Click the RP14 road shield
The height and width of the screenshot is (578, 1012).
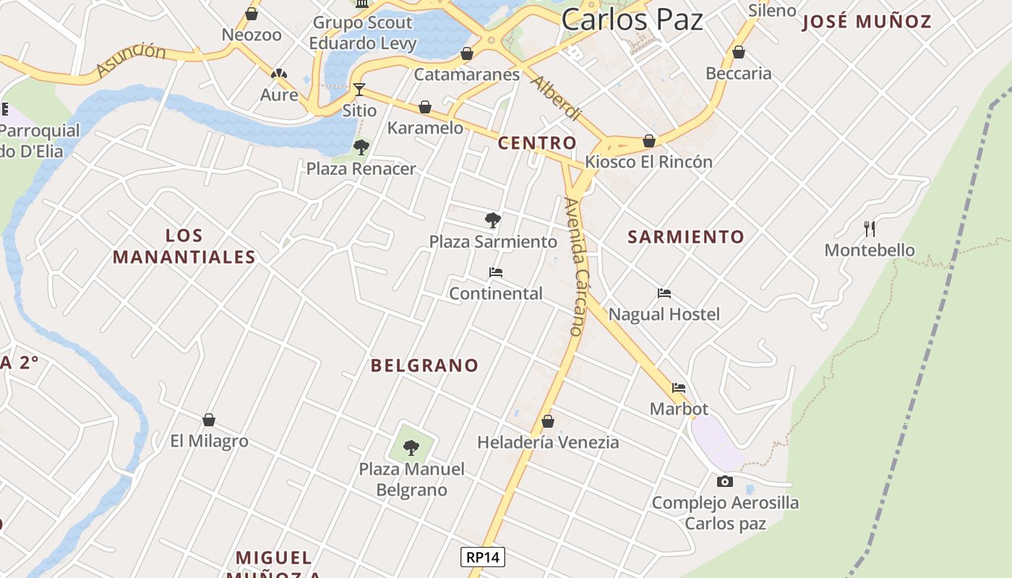pyautogui.click(x=483, y=557)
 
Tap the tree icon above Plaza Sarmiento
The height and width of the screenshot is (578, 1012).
pyautogui.click(x=493, y=220)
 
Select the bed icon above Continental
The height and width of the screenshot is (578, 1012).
pyautogui.click(x=496, y=272)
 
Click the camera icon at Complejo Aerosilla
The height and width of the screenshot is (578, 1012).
pyautogui.click(x=724, y=481)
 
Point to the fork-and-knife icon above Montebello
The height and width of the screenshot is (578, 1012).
pyautogui.click(x=870, y=229)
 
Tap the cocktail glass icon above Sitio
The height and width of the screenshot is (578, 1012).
pyautogui.click(x=359, y=90)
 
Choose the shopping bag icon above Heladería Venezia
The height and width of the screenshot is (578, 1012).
pyautogui.click(x=548, y=420)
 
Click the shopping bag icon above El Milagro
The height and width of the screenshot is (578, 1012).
pyautogui.click(x=209, y=420)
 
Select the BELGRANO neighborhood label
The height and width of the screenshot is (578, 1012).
pyautogui.click(x=424, y=366)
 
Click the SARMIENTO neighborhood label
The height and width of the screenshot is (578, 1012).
pyautogui.click(x=685, y=237)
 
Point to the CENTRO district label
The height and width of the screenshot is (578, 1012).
pyautogui.click(x=537, y=143)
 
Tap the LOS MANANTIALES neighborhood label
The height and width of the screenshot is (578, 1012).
pyautogui.click(x=184, y=246)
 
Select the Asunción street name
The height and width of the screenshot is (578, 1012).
pyautogui.click(x=131, y=59)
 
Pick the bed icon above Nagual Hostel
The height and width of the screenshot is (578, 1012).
pyautogui.click(x=664, y=293)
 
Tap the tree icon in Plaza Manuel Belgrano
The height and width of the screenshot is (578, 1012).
pyautogui.click(x=411, y=448)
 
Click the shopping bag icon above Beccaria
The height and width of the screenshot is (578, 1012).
pyautogui.click(x=738, y=52)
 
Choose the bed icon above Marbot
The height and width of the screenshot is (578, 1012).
pyautogui.click(x=678, y=388)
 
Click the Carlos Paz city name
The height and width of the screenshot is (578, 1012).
pyautogui.click(x=632, y=20)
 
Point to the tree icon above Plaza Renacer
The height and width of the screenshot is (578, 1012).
pyautogui.click(x=361, y=147)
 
